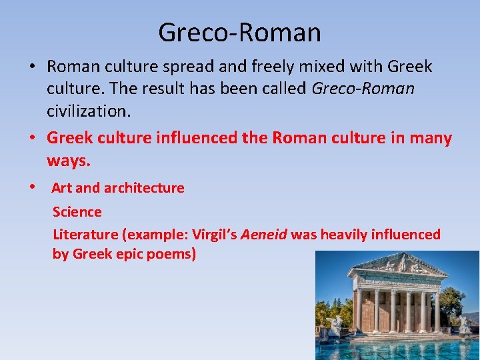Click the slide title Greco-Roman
coord(239,31)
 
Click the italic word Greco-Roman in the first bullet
coord(363,88)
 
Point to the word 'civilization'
coord(88,110)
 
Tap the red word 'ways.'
coord(68,160)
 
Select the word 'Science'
coord(77,212)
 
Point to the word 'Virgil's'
coord(215,234)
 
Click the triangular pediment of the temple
coord(397,265)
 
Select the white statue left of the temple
coord(335,325)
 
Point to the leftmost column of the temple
coord(359,310)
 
